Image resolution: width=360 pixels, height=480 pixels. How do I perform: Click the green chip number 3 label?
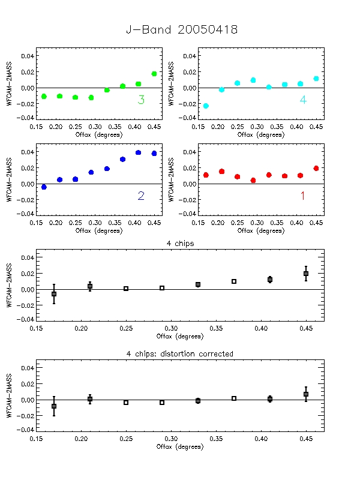pos(141,100)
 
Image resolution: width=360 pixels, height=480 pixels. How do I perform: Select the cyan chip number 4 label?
pos(303,100)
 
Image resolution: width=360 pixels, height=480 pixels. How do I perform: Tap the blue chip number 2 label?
pos(141,196)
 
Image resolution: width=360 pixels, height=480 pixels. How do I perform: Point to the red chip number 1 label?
pos(302,196)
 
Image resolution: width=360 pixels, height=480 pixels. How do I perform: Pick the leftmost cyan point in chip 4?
pos(206,106)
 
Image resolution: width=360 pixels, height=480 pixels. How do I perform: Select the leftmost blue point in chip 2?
pos(44,187)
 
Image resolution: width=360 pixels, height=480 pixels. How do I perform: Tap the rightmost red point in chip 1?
pos(316,168)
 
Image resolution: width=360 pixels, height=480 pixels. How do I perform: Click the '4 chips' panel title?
pos(180,244)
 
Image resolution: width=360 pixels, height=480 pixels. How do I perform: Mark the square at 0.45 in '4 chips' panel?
pos(306,274)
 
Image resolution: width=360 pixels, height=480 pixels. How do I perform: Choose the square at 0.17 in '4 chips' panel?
pos(54,294)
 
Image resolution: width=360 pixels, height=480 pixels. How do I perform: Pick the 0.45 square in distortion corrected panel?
pos(306,394)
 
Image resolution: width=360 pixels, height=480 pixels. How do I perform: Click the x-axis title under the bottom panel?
pos(180,446)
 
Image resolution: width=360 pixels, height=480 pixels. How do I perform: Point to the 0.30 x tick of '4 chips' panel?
pos(172,329)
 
